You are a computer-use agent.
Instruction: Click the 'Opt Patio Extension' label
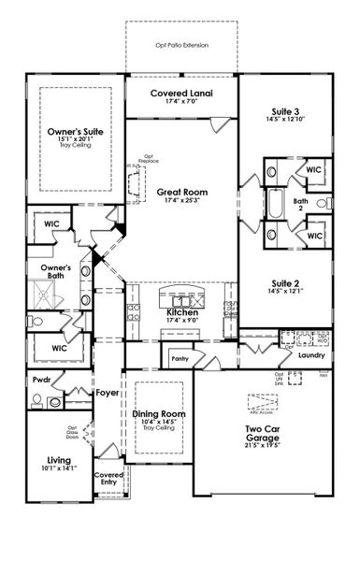(181, 45)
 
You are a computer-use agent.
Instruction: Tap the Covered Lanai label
(180, 95)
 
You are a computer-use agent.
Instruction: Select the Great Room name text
(181, 191)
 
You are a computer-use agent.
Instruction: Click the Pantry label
(178, 357)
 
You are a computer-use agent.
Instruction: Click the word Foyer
(107, 394)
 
